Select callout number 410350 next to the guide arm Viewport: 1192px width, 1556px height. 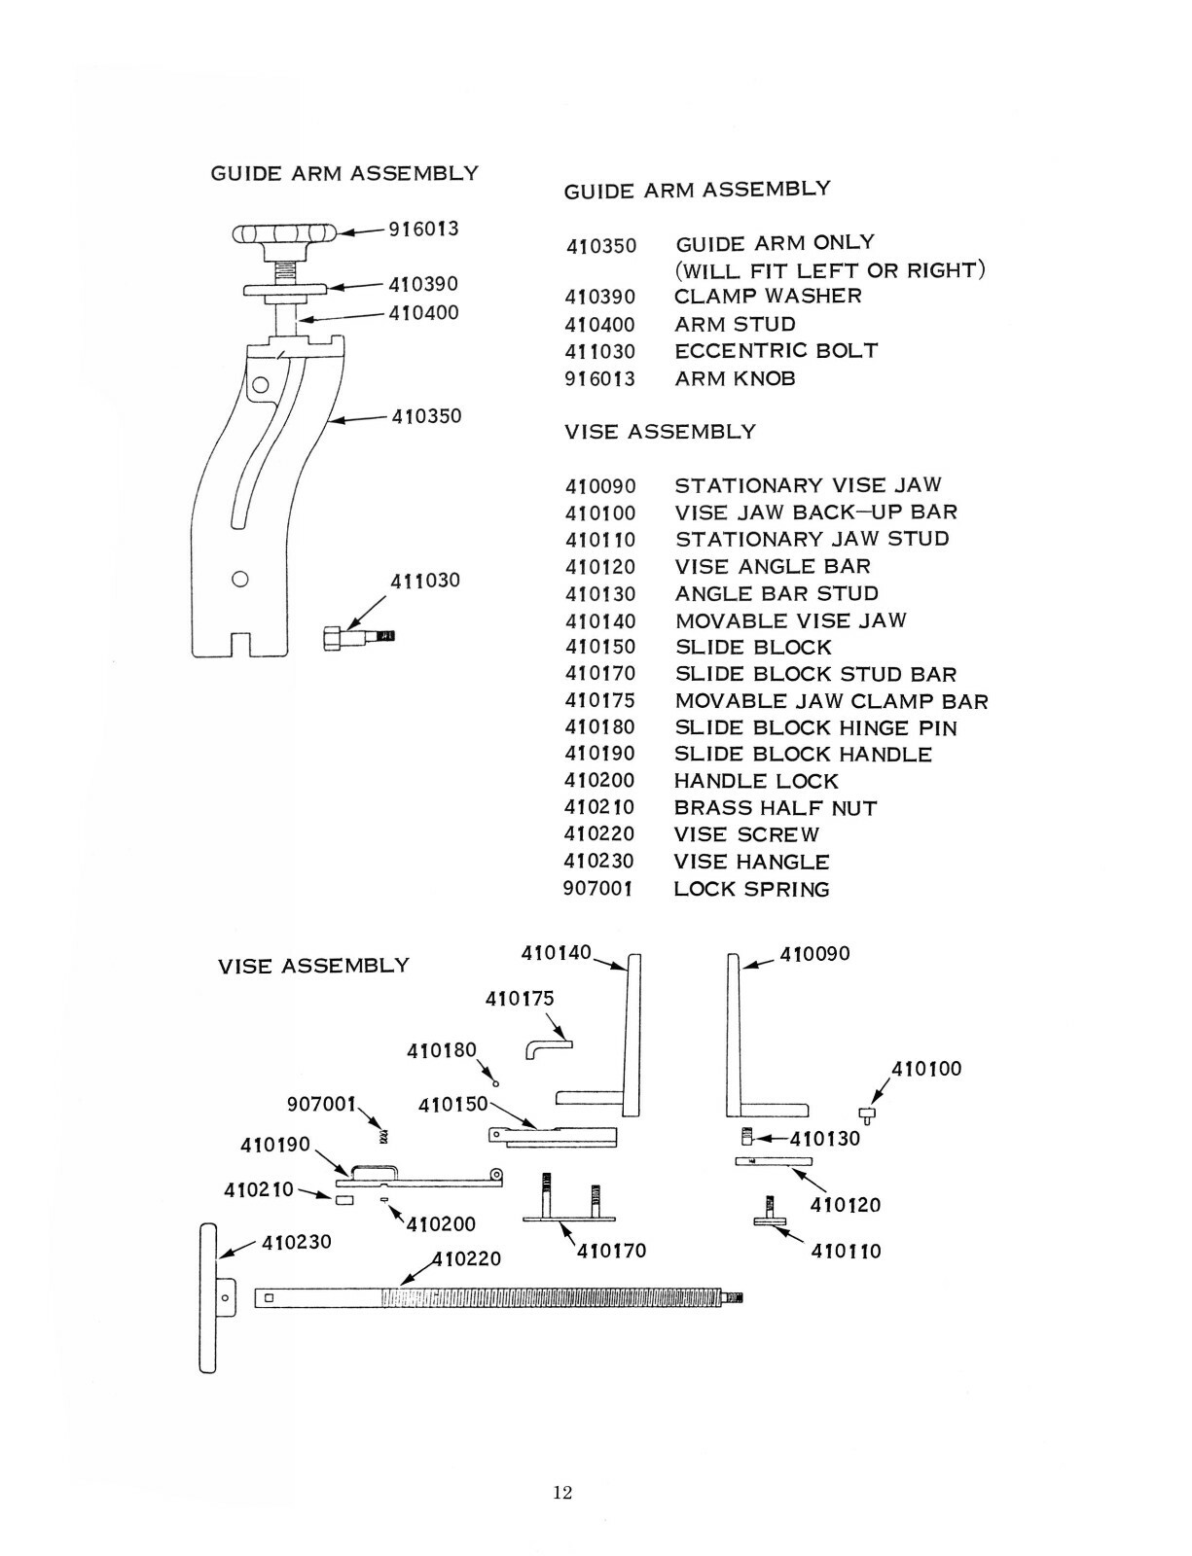click(426, 416)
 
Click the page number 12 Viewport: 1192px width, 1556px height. click(562, 1493)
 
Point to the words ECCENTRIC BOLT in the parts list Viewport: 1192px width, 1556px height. click(776, 351)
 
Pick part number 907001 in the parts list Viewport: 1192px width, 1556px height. click(597, 889)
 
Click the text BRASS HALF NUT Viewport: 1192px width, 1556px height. click(775, 808)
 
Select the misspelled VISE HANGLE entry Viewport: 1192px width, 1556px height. click(751, 862)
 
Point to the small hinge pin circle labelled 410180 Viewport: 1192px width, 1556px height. click(495, 1082)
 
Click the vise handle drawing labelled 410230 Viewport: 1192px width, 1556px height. click(208, 1298)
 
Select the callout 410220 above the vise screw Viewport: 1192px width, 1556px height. click(467, 1258)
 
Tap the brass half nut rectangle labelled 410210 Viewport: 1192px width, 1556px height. click(343, 1201)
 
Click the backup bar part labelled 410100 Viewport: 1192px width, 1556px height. click(868, 1114)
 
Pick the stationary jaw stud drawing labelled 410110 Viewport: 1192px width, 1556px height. click(771, 1214)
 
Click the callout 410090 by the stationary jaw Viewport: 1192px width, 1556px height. click(814, 954)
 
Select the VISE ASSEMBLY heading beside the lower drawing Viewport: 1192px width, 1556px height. click(313, 966)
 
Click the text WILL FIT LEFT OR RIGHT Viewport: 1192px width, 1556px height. click(830, 270)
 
